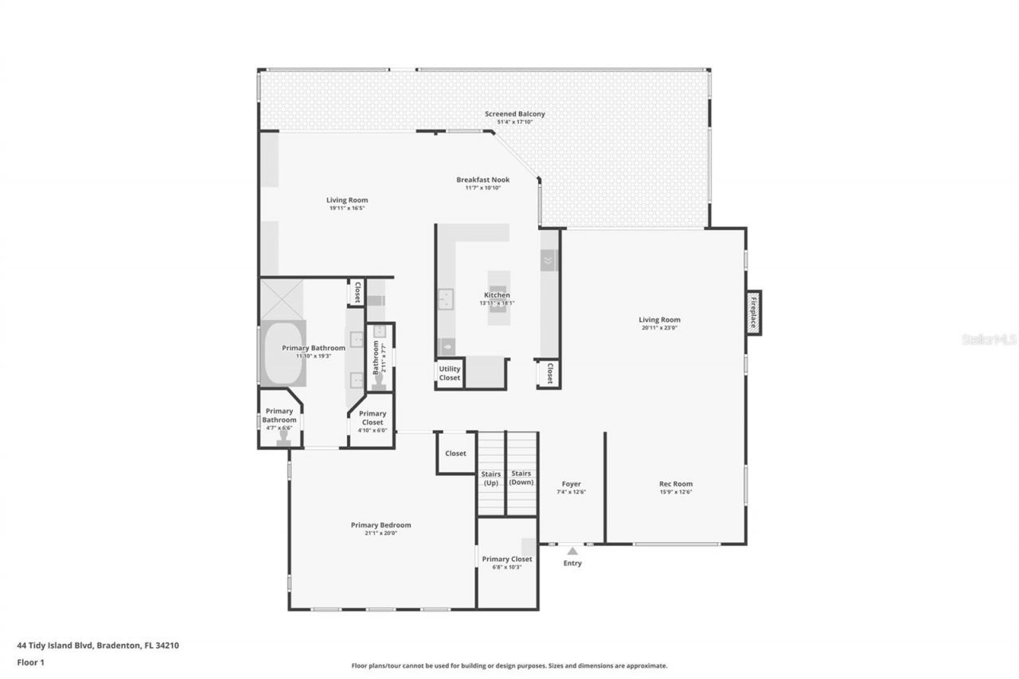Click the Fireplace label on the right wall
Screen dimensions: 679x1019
coord(752,313)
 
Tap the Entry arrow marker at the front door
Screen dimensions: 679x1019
coord(572,550)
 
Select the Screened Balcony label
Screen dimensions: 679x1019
coord(515,114)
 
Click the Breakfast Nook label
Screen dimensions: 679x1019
coord(482,180)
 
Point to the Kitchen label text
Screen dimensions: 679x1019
coord(498,295)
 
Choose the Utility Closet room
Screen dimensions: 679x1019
coord(450,373)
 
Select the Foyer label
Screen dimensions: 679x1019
coord(571,484)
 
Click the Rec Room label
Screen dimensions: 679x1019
coord(676,484)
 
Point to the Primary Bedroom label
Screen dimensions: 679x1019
coord(381,525)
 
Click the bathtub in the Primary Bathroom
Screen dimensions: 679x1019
coord(283,353)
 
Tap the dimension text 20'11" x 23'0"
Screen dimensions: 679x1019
coord(659,327)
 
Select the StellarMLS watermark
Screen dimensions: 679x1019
coord(988,339)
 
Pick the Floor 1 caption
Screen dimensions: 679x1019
coord(30,661)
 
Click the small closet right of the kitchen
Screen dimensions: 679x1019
coord(548,373)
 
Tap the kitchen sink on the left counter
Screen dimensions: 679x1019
coord(445,299)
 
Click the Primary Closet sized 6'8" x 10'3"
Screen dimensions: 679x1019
coord(507,563)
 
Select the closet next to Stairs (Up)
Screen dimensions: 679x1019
coord(455,454)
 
